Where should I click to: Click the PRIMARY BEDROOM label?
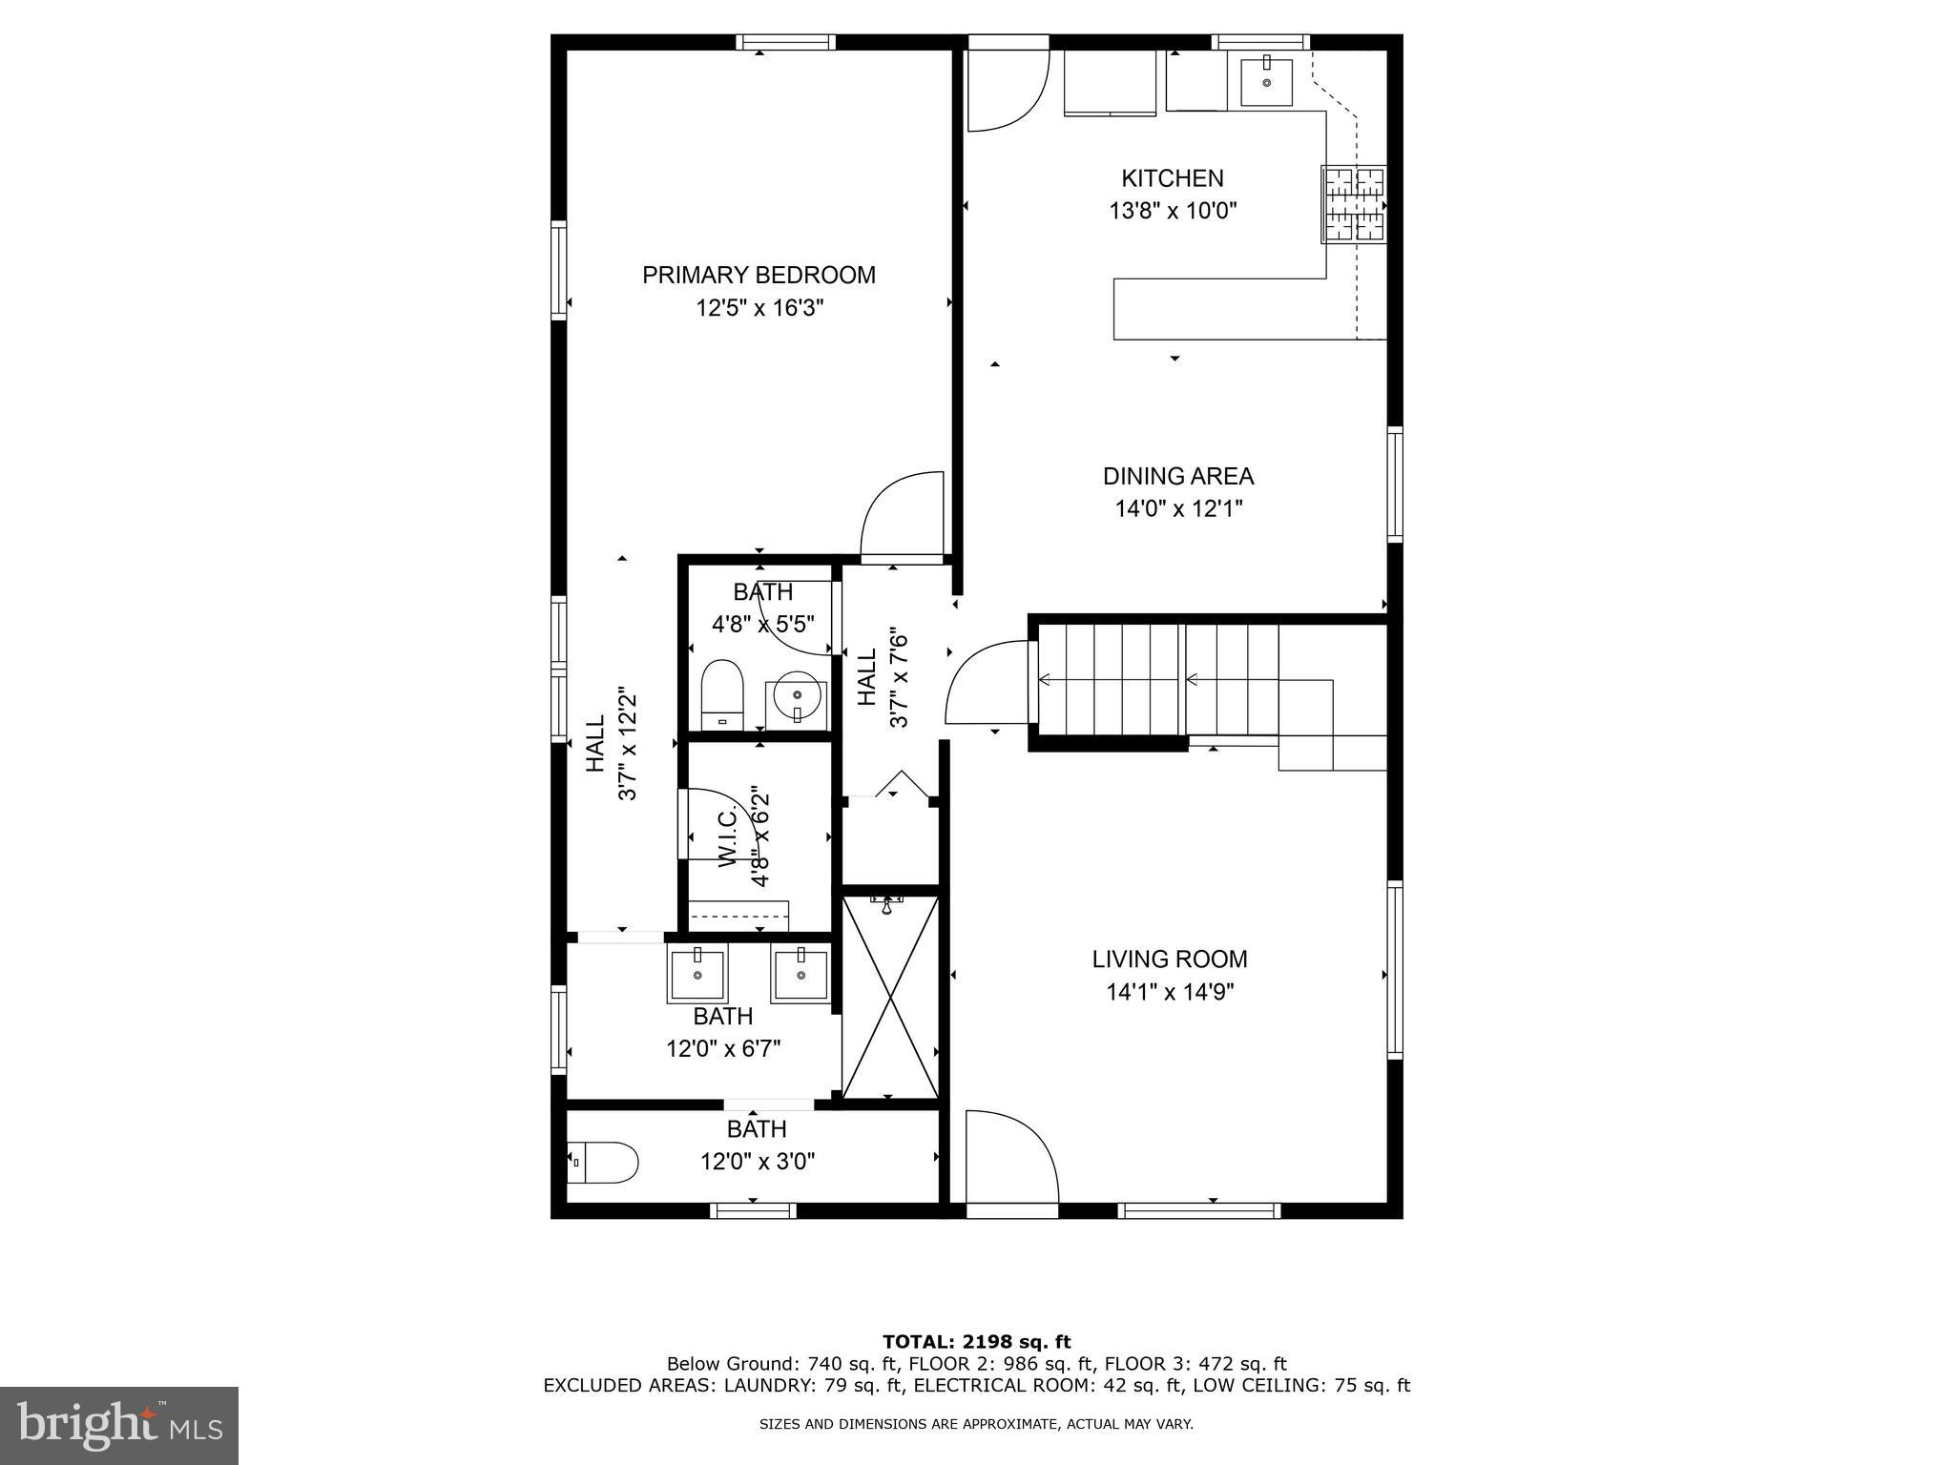pos(759,275)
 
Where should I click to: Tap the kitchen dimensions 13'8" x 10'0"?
pos(1173,211)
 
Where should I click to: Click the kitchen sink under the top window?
pos(1266,82)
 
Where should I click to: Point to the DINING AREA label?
pos(1178,476)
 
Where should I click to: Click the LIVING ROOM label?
pos(1170,959)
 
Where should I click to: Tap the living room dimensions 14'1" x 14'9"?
pos(1170,992)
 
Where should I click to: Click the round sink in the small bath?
pos(796,698)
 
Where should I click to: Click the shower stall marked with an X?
pos(889,997)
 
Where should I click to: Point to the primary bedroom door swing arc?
pos(899,512)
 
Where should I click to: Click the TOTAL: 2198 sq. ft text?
pos(976,1342)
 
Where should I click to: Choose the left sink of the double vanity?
pos(697,973)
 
